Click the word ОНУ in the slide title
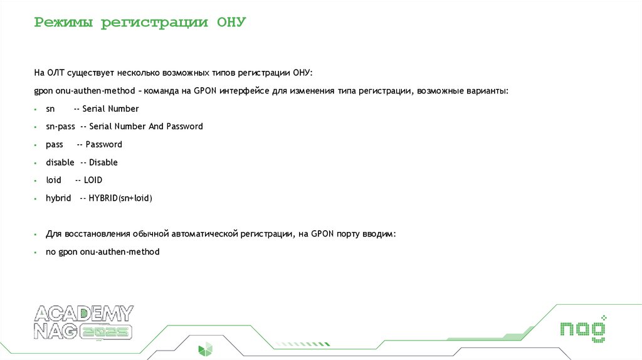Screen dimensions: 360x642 231,23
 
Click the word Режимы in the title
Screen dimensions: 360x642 65,23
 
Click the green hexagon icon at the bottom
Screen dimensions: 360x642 205,350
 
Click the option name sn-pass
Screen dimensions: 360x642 60,126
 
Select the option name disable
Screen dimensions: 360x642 60,162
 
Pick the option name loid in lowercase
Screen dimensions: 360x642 54,180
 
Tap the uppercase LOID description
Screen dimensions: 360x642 93,180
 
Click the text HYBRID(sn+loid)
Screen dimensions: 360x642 121,198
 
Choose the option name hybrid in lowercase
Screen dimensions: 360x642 58,198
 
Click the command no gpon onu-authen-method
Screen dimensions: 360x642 103,252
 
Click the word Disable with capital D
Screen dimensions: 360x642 103,162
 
